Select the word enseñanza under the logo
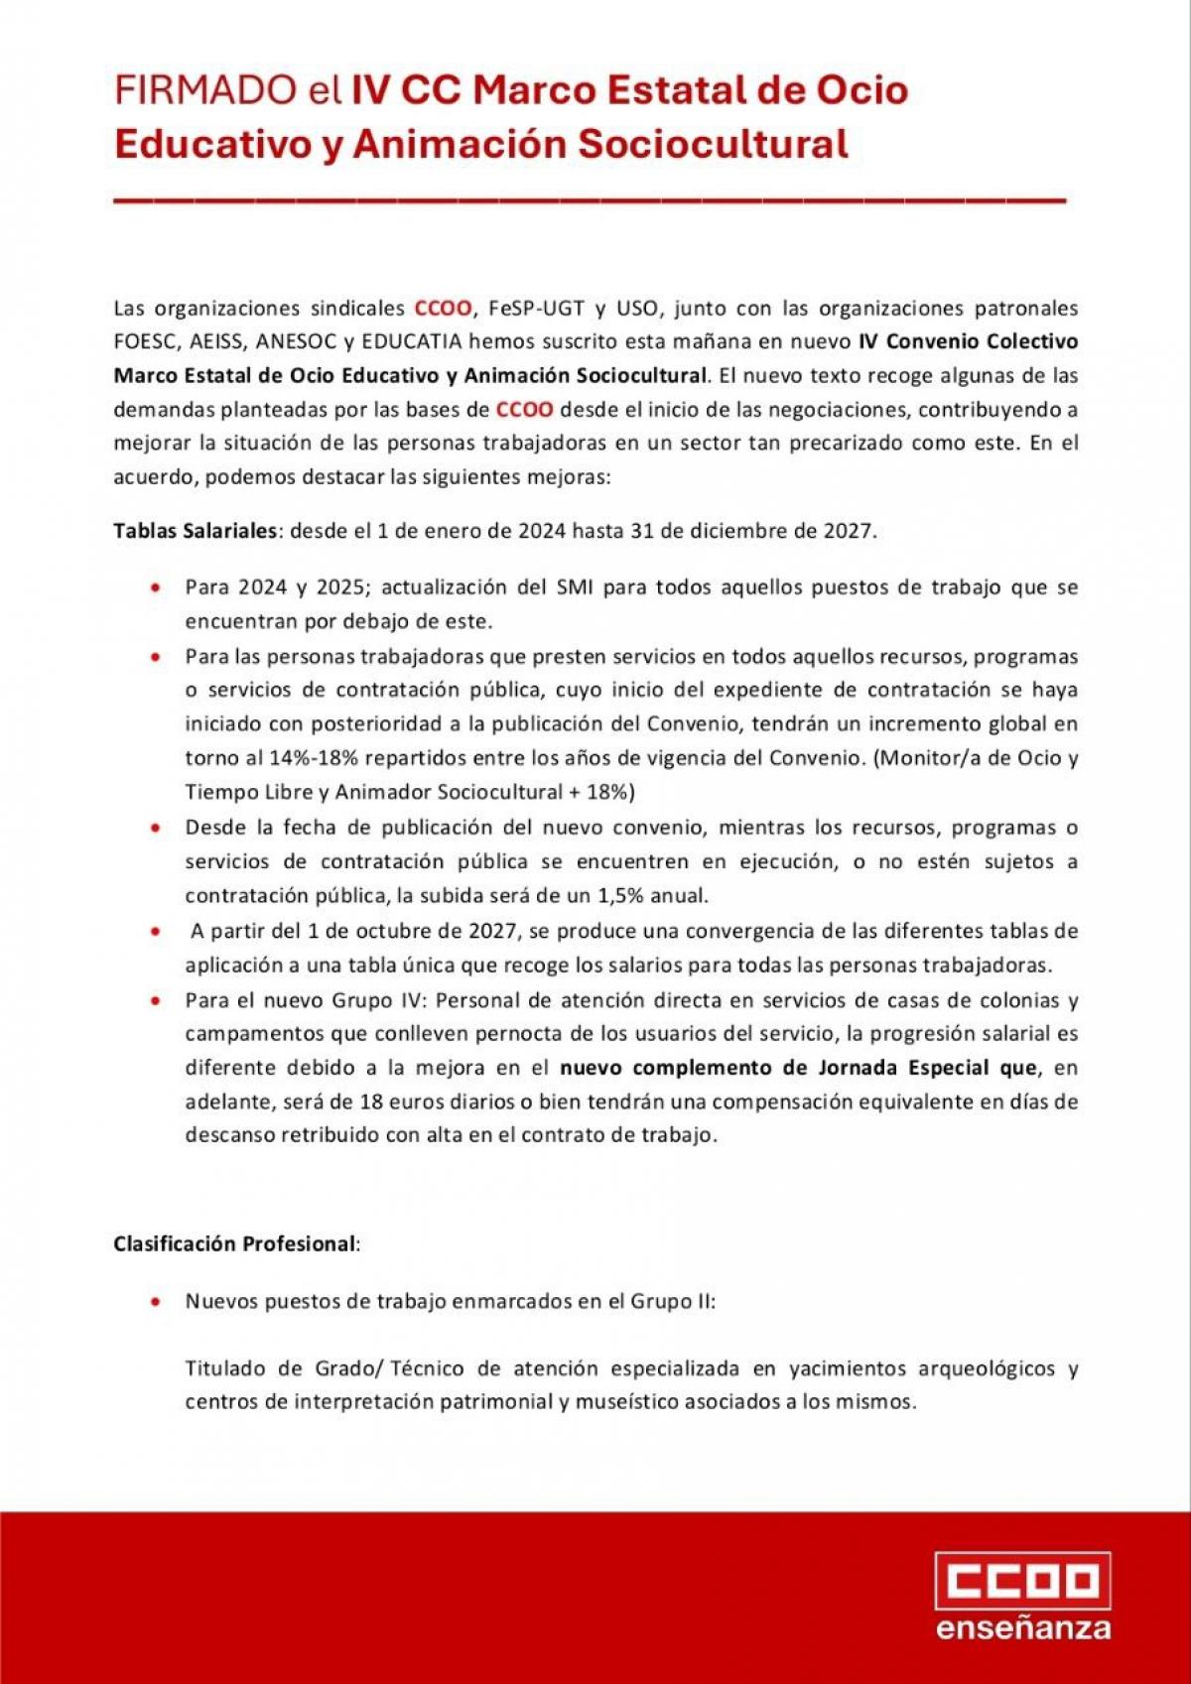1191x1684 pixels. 1023,1628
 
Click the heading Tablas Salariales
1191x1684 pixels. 195,530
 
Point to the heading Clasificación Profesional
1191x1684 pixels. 234,1243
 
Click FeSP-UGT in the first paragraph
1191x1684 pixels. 536,308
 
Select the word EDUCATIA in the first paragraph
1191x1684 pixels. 412,341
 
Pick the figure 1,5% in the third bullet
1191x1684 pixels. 622,895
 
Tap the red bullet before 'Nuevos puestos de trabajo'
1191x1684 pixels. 155,1301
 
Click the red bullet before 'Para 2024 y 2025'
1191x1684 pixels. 155,587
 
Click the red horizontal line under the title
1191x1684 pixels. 590,200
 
